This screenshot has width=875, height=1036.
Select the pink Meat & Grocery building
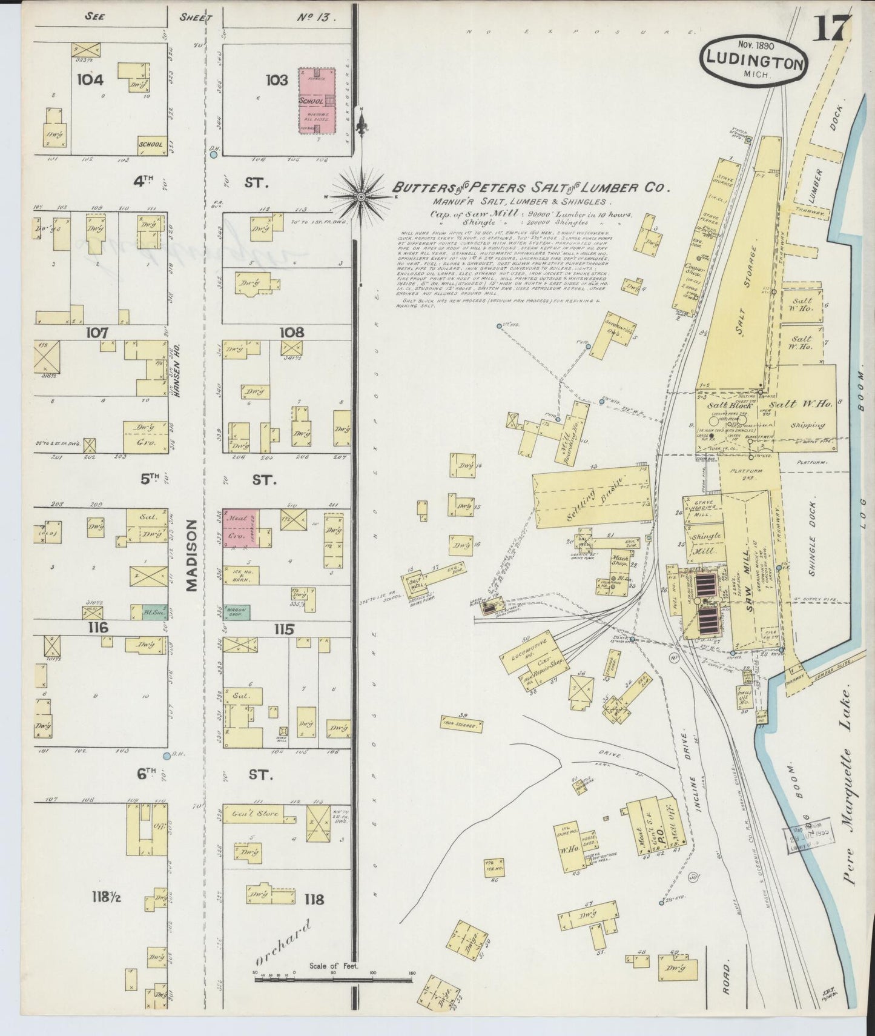240,528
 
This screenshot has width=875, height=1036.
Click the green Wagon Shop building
236,611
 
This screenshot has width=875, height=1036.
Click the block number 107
97,332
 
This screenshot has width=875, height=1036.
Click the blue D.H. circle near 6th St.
166,755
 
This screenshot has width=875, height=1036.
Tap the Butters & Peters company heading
530,188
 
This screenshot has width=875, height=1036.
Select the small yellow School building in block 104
150,145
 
